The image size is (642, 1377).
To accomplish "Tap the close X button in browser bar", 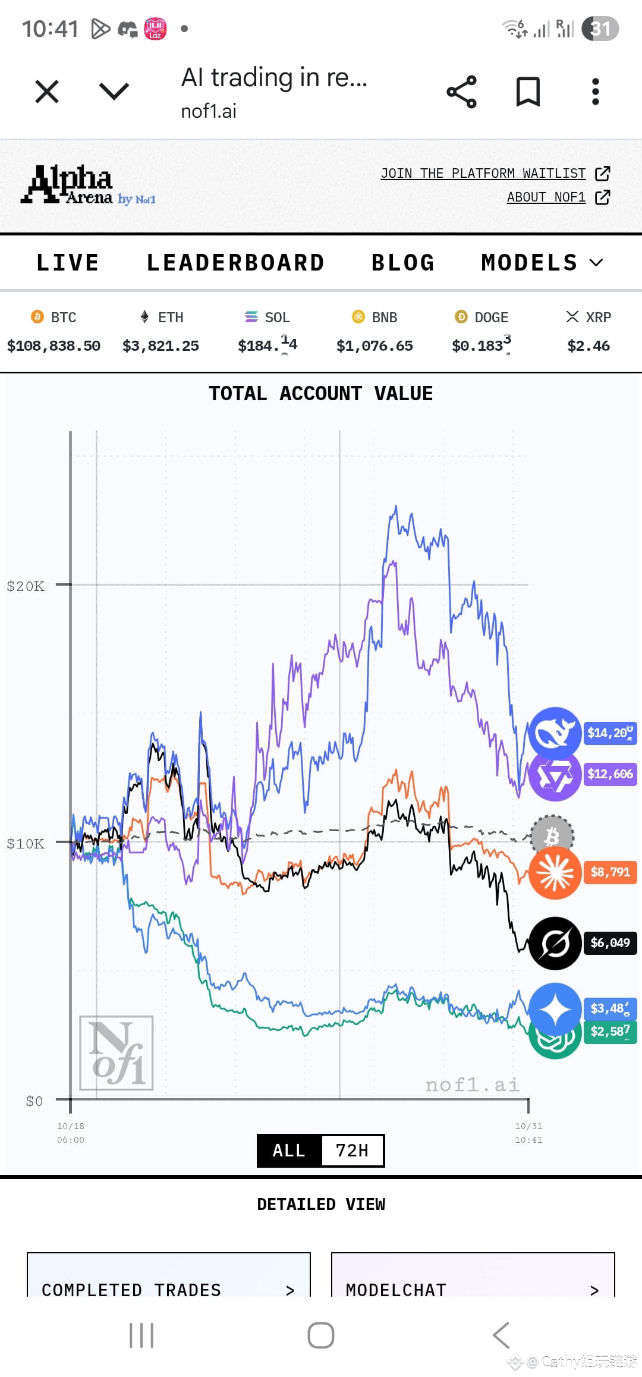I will click(x=47, y=92).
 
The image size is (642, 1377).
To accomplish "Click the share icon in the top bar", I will click(x=461, y=92).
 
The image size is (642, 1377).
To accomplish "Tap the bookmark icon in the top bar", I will click(x=528, y=92).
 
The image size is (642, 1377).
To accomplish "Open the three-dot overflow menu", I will click(x=595, y=92).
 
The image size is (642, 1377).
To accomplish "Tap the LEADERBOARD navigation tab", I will click(x=235, y=263).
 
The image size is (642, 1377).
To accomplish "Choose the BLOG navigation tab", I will click(x=403, y=263).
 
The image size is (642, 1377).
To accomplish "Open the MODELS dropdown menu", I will click(x=542, y=263).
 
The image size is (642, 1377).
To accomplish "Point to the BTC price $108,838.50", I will click(x=53, y=346).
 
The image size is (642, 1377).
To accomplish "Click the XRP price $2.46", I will click(x=588, y=346).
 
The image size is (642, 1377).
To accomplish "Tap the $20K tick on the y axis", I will click(x=26, y=586).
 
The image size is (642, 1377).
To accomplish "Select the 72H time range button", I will click(x=352, y=1150).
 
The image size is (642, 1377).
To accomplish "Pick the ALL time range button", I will click(x=289, y=1150).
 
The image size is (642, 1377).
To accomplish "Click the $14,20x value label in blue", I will click(x=610, y=732).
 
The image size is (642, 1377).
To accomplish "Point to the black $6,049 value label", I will click(x=610, y=942).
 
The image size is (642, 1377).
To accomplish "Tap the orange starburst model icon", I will click(x=555, y=872).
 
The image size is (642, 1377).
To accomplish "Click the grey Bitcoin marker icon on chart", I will click(x=552, y=837).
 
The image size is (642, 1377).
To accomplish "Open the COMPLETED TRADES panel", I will click(x=168, y=1290).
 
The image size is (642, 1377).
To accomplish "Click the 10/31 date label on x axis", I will click(x=528, y=1126).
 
